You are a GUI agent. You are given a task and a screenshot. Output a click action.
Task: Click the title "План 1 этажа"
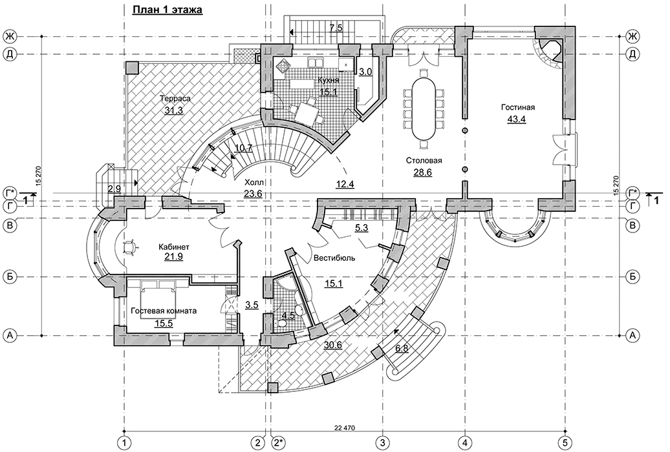click(167, 10)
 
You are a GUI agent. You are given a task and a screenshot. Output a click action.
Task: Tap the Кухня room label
click(329, 80)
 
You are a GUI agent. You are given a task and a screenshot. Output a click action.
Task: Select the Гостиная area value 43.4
click(517, 119)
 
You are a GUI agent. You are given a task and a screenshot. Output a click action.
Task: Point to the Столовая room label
click(424, 161)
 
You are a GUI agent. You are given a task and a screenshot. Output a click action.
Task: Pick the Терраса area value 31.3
click(174, 110)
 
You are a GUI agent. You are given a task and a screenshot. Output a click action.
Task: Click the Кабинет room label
click(174, 247)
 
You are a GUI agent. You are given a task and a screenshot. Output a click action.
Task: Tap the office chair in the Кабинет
click(129, 247)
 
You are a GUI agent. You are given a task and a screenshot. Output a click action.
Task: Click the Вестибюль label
click(334, 258)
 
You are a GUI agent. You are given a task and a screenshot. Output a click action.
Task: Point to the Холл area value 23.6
click(253, 193)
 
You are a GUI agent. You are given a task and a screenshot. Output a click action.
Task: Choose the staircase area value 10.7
click(244, 149)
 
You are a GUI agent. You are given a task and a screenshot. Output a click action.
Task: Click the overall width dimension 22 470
click(345, 427)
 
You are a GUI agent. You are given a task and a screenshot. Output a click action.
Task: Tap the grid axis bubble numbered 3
click(382, 442)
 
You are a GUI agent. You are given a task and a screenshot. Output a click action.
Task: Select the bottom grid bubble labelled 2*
click(279, 442)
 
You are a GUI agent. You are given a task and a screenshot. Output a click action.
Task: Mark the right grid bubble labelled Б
click(632, 277)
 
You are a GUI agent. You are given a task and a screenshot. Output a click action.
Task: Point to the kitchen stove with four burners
click(283, 65)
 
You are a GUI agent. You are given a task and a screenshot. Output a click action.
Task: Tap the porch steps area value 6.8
click(402, 348)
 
